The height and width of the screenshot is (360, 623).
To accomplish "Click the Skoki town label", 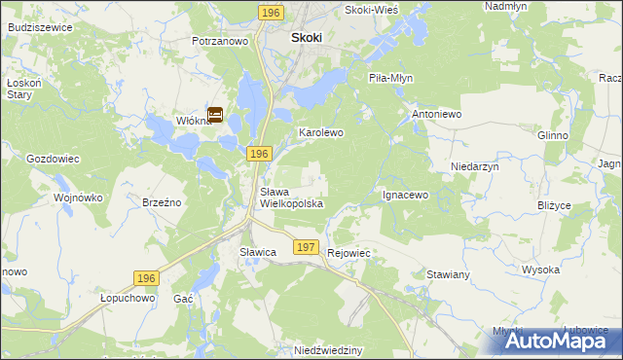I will click(307, 38).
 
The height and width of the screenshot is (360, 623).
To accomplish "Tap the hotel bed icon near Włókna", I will click(215, 115).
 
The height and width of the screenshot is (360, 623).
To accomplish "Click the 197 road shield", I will click(306, 248).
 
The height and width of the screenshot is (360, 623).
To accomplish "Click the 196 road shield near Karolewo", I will click(257, 155).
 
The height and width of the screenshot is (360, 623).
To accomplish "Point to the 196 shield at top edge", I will click(272, 11).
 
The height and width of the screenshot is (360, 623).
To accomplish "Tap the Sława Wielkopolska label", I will click(290, 198).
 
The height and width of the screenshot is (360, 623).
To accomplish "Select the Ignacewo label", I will click(405, 195).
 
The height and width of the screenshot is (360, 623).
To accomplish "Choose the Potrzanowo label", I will click(221, 42).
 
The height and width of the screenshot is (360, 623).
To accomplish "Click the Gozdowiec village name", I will click(52, 158).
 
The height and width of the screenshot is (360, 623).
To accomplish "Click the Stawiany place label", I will click(448, 274).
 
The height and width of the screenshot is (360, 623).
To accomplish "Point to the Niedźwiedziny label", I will click(328, 348).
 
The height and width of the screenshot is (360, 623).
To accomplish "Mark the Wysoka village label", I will click(539, 270).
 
